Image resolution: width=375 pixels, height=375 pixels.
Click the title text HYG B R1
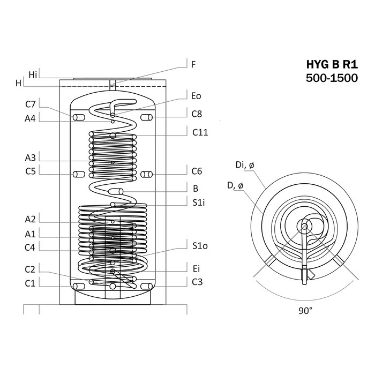(332, 64)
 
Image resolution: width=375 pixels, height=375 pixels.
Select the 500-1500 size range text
(332, 78)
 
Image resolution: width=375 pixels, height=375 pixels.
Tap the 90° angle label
(305, 310)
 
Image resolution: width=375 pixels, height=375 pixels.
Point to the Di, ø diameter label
(245, 165)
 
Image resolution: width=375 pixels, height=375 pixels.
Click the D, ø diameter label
(235, 185)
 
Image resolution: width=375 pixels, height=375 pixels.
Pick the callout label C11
(200, 132)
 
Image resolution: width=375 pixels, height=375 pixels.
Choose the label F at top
(193, 64)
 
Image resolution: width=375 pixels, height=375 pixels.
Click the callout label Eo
(196, 96)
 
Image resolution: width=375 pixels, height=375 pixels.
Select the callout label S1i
(199, 202)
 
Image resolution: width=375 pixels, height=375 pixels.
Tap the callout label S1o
(200, 245)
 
